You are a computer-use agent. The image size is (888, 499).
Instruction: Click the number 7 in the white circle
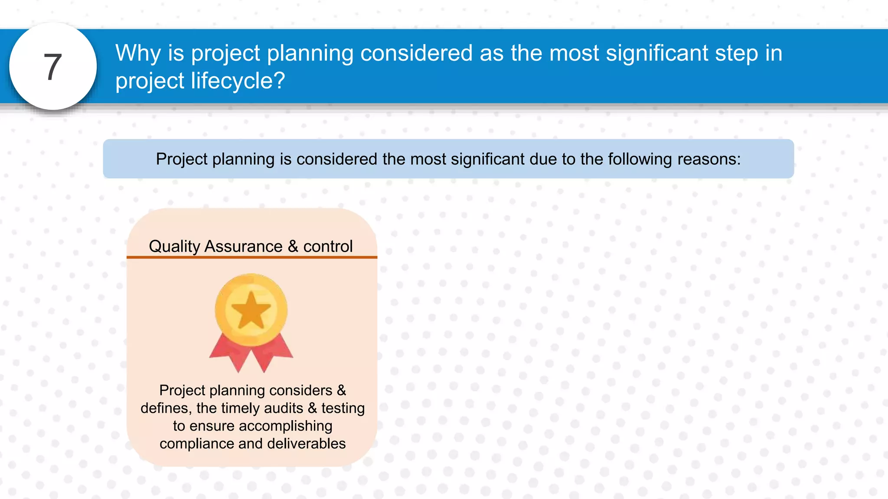click(x=53, y=67)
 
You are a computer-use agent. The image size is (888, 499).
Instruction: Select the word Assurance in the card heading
click(x=243, y=246)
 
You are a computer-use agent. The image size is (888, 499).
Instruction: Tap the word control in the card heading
click(x=328, y=246)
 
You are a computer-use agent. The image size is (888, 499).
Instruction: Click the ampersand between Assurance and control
click(x=293, y=246)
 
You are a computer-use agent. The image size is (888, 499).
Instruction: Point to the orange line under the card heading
click(x=251, y=257)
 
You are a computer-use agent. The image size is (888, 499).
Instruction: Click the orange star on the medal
click(x=251, y=310)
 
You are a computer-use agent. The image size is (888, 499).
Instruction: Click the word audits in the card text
click(x=284, y=408)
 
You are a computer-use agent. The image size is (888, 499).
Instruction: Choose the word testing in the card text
click(x=343, y=408)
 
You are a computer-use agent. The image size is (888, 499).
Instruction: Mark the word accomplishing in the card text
click(x=286, y=426)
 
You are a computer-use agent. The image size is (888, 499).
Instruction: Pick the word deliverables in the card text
click(x=306, y=444)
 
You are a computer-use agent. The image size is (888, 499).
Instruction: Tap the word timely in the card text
click(x=240, y=408)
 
